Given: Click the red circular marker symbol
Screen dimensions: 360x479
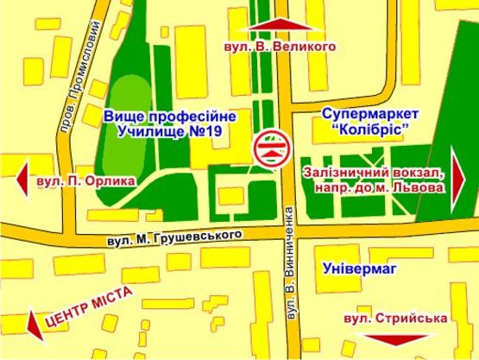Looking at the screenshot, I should tap(270, 148).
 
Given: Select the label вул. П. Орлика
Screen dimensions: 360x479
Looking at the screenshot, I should tap(85, 181).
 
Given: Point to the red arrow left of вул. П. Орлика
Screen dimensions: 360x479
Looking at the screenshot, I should tap(23, 179).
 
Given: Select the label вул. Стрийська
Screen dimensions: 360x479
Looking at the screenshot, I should tap(394, 319).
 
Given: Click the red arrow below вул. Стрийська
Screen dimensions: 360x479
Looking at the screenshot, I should tap(396, 340).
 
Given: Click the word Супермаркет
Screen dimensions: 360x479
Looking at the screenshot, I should tap(369, 115).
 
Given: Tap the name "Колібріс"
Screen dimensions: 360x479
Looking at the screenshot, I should tap(370, 130).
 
